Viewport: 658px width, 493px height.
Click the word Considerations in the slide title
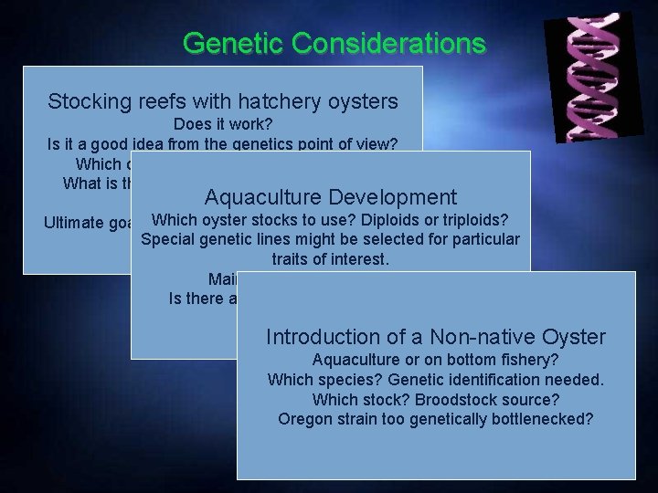click(386, 43)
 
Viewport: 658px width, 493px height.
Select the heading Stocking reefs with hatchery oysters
click(222, 100)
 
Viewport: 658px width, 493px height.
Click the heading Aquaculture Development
click(330, 197)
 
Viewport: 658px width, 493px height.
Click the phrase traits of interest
click(330, 259)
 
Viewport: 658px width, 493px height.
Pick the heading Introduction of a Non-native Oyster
click(435, 337)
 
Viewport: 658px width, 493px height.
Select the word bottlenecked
click(543, 419)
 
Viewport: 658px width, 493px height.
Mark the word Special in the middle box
click(168, 240)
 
